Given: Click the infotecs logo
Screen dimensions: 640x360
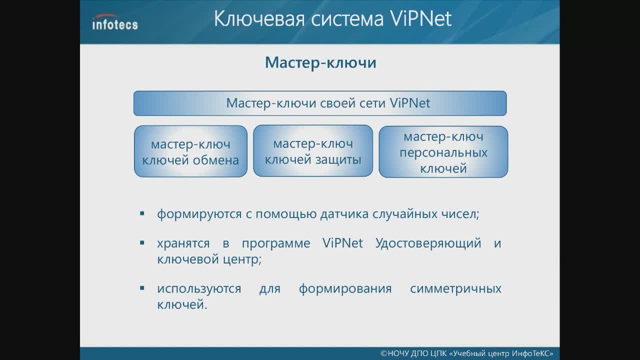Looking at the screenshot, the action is coord(115,22).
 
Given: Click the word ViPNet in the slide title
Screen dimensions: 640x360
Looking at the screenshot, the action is coord(420,18).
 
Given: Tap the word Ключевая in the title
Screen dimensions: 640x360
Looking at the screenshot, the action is coord(259,18).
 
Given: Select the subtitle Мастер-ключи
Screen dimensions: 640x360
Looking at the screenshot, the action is coord(320,62).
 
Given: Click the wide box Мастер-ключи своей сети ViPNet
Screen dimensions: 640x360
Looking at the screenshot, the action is coord(320,103).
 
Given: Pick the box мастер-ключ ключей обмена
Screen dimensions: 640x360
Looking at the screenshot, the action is coord(190,151).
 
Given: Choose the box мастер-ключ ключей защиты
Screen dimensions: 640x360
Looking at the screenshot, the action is coord(313,150).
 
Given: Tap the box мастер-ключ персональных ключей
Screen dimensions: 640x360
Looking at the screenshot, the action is coord(443,151).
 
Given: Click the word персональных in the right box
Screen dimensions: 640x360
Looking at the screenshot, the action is coord(443,152).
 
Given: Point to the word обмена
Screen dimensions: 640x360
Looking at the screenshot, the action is coord(216,160).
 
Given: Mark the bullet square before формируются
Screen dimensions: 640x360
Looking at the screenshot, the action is coord(142,213).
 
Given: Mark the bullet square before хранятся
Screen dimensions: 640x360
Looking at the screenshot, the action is coord(142,243).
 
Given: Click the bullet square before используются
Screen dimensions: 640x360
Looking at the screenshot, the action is coord(142,288).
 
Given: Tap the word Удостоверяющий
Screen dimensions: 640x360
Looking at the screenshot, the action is coord(428,243).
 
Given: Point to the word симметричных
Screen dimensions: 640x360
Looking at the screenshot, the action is coord(455,288).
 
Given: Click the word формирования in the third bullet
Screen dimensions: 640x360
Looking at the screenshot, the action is coord(345,288).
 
